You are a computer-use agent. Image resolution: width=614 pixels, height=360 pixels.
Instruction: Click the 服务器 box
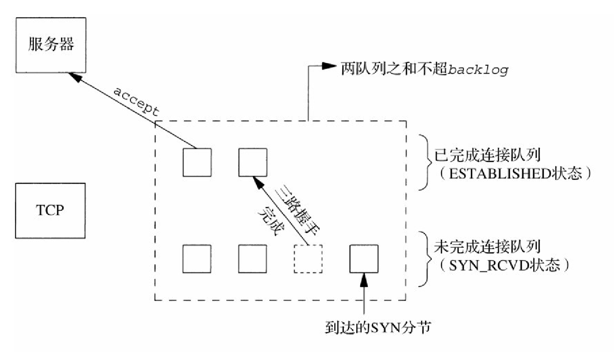pos(50,45)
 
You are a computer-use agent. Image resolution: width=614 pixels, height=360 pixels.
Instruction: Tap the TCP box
pos(50,211)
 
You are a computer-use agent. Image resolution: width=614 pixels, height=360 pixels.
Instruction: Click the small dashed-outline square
pos(308,259)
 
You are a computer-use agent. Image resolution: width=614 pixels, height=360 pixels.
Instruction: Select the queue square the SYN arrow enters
pos(364,259)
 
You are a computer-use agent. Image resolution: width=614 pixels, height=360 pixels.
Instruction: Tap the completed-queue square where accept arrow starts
pos(197,162)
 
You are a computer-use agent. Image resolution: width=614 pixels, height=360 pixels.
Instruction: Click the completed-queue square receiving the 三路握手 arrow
pos(252,162)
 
